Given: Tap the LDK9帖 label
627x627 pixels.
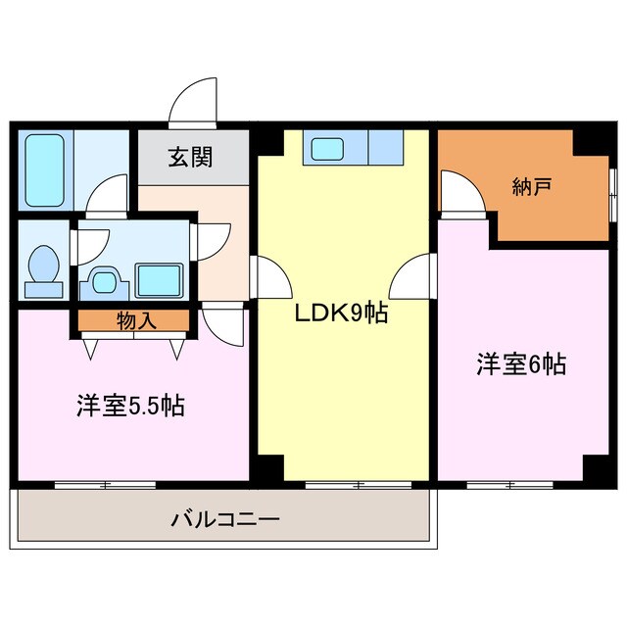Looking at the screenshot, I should coord(342,313).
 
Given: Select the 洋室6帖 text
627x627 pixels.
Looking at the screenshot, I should coord(520,364).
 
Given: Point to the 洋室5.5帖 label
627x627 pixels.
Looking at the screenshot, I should coord(130,405).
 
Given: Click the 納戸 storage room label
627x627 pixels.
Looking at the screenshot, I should coord(528,187).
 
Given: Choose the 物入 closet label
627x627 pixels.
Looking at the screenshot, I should coord(133,320).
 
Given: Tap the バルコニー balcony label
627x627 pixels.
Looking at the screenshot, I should coord(224,518).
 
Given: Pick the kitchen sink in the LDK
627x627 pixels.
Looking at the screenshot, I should coord(327,149).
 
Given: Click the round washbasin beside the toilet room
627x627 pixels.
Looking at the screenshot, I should coord(103,280).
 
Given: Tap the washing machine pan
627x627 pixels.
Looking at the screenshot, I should coord(158,280).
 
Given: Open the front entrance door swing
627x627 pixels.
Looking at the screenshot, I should coord(193,103).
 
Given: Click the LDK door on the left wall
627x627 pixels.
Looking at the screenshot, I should coord(271,279).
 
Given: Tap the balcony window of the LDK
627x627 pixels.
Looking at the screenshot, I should coord(357,484).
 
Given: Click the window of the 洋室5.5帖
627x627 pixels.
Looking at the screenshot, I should coord(105,484).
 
